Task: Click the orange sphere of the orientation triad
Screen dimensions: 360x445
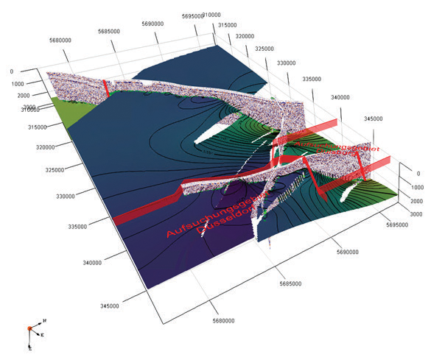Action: click(x=29, y=327)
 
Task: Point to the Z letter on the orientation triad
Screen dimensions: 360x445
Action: click(x=30, y=346)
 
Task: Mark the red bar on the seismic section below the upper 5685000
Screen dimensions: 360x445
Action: click(x=106, y=87)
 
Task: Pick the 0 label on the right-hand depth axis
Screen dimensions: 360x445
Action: click(x=417, y=174)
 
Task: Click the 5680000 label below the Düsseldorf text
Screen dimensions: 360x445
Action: click(x=223, y=320)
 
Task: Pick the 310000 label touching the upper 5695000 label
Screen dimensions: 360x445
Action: click(x=213, y=15)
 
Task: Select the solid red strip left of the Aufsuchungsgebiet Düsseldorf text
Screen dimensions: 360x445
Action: click(x=147, y=210)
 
